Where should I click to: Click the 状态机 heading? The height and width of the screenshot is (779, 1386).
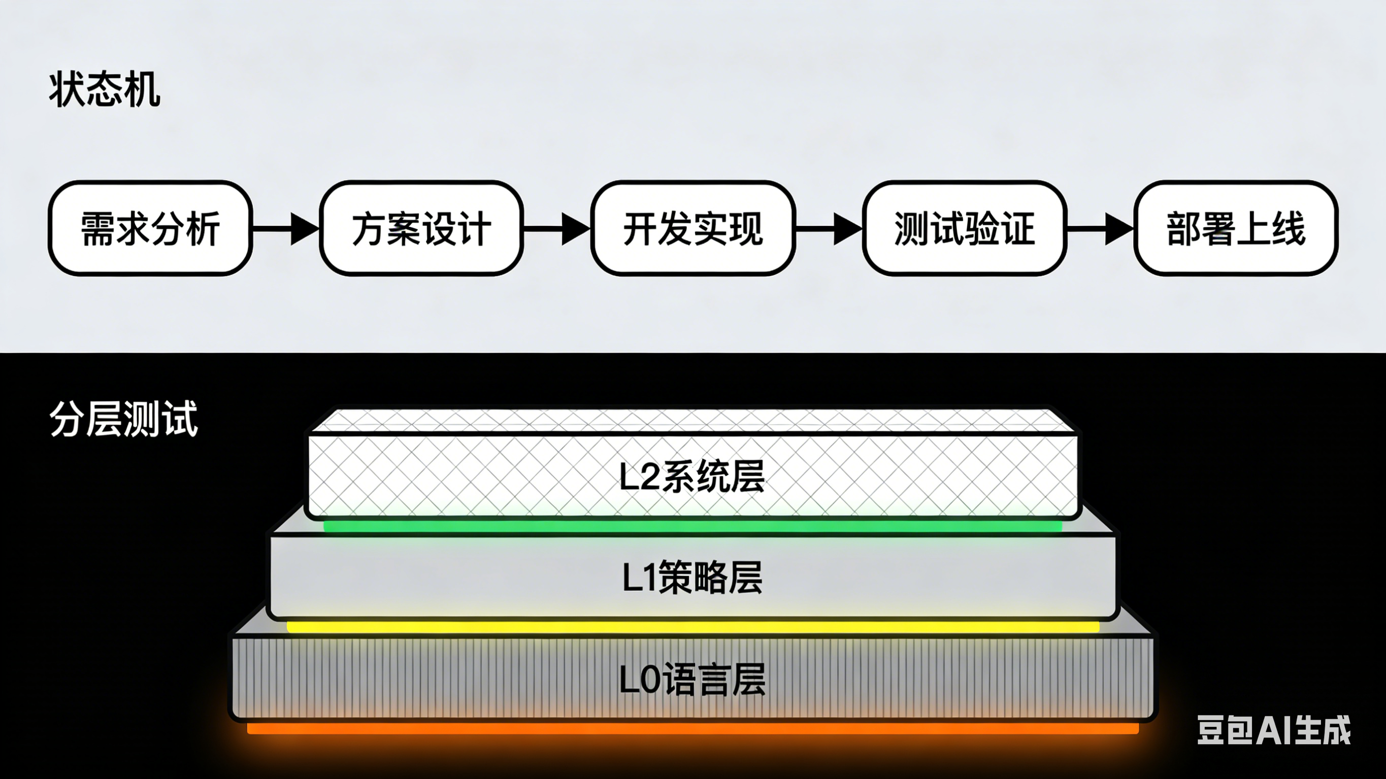(x=105, y=89)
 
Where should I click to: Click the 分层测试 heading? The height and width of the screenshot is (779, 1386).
(x=124, y=419)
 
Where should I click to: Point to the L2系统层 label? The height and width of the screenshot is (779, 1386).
(x=692, y=477)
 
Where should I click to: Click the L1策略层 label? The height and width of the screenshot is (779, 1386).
(x=692, y=577)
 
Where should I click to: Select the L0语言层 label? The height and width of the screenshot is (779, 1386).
(x=692, y=680)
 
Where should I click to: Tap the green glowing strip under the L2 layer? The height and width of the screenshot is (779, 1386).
(x=692, y=526)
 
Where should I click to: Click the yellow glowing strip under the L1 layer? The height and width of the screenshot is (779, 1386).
(x=692, y=627)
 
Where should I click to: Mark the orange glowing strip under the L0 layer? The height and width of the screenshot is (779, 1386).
(x=692, y=728)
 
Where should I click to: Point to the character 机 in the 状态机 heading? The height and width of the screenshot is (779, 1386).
(x=142, y=89)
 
